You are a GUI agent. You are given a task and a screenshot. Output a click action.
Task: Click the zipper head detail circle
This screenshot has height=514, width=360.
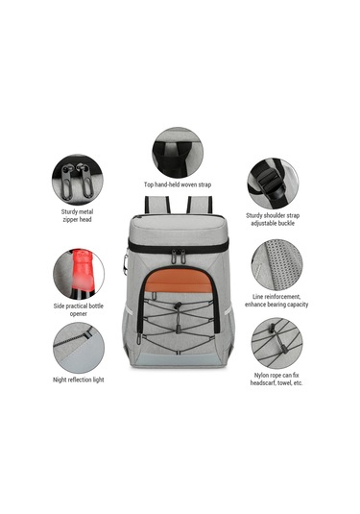78,180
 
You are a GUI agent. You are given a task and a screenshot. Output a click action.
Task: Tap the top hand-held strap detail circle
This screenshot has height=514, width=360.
178,153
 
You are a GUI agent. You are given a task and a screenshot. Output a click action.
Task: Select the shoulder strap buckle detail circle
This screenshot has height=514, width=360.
273,184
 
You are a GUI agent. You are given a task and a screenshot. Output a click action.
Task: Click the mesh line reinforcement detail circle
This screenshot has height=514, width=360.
276,264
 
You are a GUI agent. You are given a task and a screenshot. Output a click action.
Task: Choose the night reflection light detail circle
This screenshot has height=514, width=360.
79,348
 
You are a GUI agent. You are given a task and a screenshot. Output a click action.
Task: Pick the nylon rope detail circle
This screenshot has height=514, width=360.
276,343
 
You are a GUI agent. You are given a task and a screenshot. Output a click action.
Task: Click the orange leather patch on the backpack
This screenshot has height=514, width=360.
179,281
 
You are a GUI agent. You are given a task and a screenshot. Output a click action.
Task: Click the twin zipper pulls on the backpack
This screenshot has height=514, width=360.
178,256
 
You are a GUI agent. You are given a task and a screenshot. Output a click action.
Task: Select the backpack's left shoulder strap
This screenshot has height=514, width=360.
157,205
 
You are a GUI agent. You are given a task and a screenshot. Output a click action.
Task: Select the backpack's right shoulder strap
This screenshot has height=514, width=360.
200,205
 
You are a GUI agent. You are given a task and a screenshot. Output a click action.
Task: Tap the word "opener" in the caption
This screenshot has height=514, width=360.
79,314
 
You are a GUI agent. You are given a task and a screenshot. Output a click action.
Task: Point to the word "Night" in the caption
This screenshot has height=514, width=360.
60,379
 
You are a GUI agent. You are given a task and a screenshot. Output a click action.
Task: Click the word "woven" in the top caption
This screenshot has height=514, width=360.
189,184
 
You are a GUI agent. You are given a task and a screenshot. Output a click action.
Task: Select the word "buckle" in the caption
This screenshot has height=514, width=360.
286,223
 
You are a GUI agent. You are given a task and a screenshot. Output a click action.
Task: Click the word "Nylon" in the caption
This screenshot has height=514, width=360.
262,376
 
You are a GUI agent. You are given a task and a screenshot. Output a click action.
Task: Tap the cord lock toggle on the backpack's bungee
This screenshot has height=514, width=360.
178,306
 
